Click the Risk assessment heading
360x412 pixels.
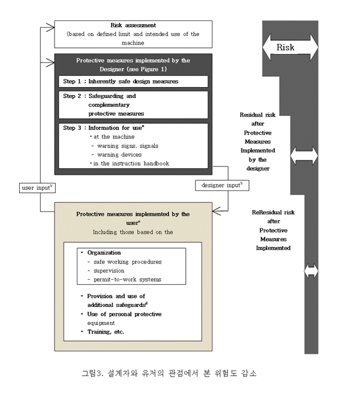pos(133,25)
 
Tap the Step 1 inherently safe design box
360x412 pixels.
pos(133,81)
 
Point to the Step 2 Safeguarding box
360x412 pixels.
pos(133,104)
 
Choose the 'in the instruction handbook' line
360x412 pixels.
pos(127,163)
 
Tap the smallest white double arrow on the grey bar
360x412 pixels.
pos(311,271)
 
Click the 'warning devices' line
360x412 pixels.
pos(118,154)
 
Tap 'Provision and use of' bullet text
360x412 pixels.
pos(116,297)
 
